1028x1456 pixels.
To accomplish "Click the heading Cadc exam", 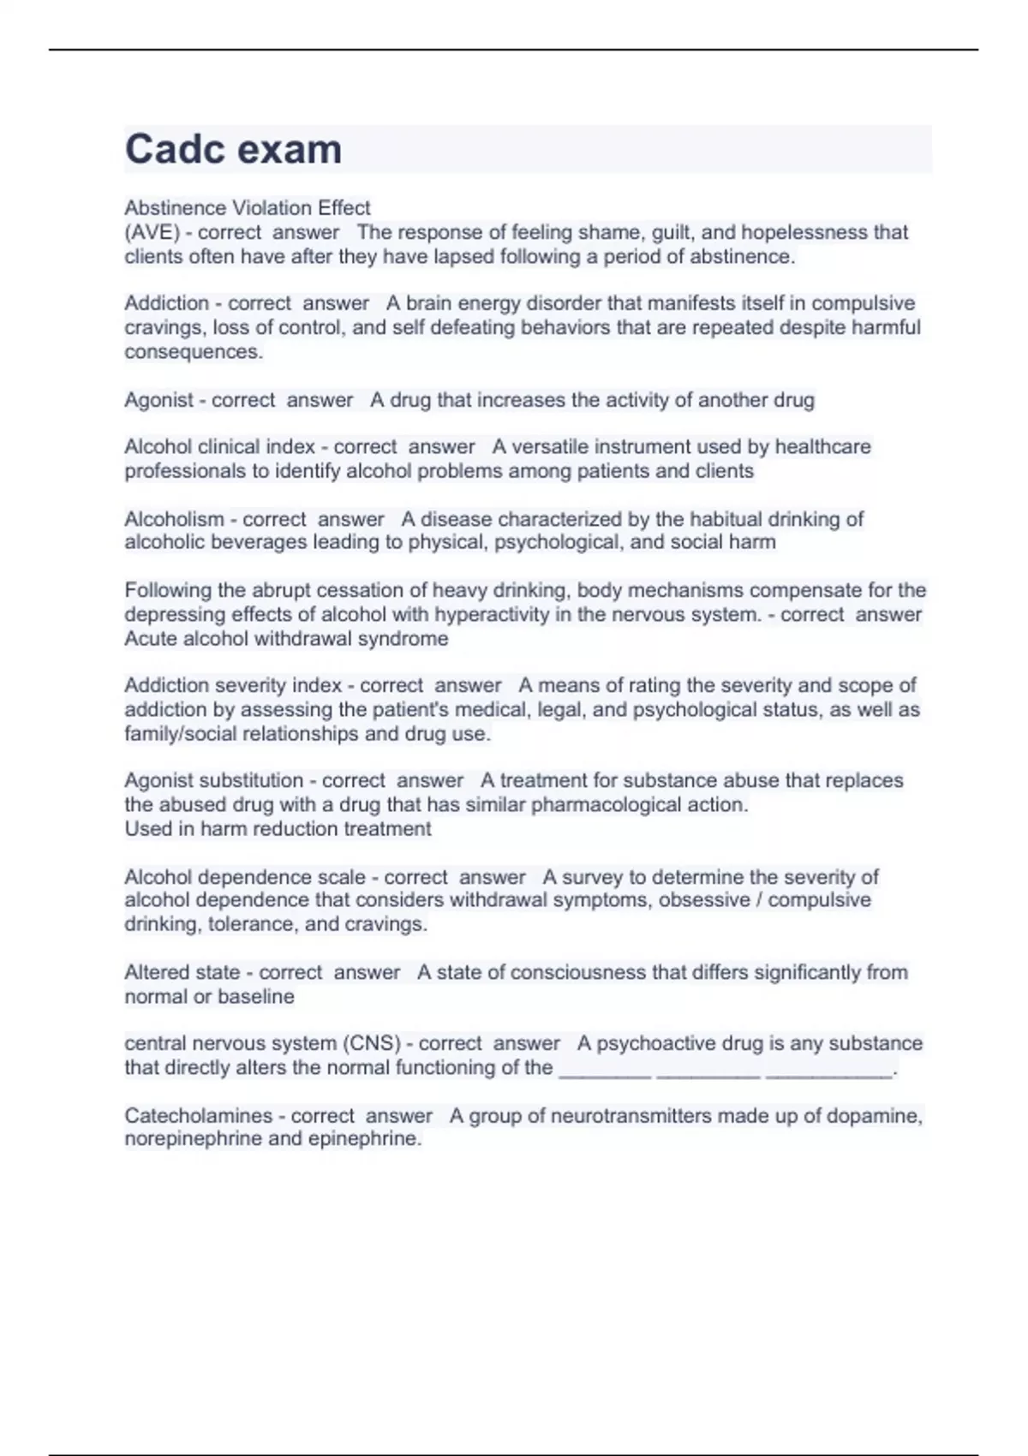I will tap(233, 149).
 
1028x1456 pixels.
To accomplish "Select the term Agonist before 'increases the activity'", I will tap(158, 400).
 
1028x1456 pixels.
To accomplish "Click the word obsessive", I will tap(704, 900).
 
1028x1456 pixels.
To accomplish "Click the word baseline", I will tap(256, 997).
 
